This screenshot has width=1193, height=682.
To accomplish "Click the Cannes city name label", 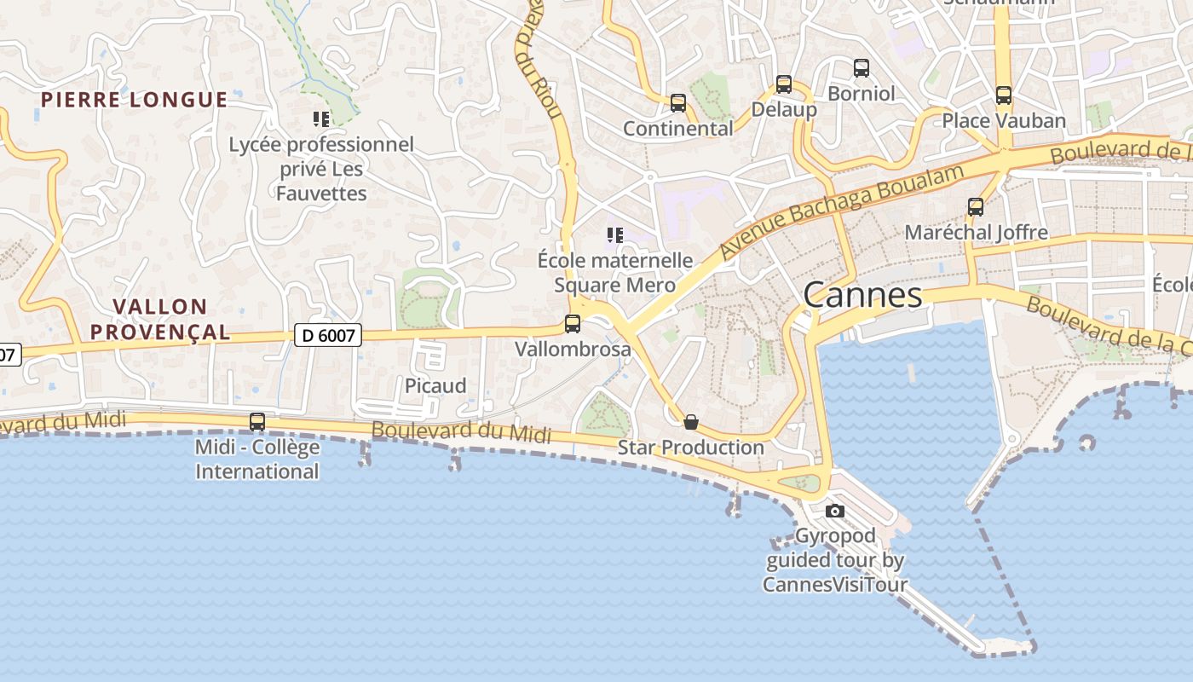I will click(862, 295).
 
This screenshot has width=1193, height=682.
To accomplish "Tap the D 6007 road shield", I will click(328, 335).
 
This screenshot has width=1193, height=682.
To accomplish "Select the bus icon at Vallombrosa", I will click(573, 324).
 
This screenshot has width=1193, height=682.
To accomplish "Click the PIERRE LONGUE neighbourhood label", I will click(135, 100).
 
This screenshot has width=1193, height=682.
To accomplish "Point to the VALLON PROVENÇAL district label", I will click(161, 319).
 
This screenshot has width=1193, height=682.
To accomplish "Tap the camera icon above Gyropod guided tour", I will click(835, 511).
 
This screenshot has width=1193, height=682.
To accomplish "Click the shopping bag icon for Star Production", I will click(691, 422).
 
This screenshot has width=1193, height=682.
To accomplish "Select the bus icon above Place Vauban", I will click(1004, 95).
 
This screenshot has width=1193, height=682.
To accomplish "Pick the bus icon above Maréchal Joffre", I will click(976, 207).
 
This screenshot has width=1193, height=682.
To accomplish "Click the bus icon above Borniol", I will click(862, 68).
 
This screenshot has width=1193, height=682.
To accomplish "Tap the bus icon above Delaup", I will click(784, 84).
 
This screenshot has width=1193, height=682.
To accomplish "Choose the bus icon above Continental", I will click(678, 103).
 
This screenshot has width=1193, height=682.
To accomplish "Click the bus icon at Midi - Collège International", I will click(257, 421).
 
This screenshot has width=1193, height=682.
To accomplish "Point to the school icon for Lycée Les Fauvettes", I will click(321, 119).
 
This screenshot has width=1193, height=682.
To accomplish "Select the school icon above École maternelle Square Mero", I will click(615, 234).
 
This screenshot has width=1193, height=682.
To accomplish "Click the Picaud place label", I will click(435, 385).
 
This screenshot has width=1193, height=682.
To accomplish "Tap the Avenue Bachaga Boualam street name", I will click(841, 211).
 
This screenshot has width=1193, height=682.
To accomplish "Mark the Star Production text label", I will click(691, 447).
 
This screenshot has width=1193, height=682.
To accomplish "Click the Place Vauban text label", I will click(1004, 120).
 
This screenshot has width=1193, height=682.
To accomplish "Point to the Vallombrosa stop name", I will click(573, 349).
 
